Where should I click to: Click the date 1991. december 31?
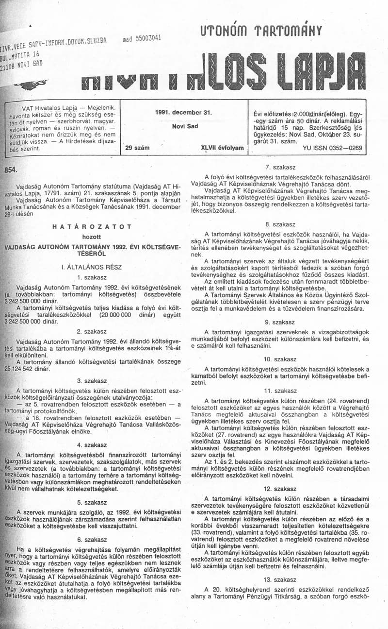pyautogui.click(x=184, y=112)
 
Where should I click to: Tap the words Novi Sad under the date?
pyautogui.click(x=185, y=126)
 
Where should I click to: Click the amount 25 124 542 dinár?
pyautogui.click(x=31, y=368)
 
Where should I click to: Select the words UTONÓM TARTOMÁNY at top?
pyautogui.click(x=261, y=32)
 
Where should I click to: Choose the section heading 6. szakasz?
pyautogui.click(x=92, y=539)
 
